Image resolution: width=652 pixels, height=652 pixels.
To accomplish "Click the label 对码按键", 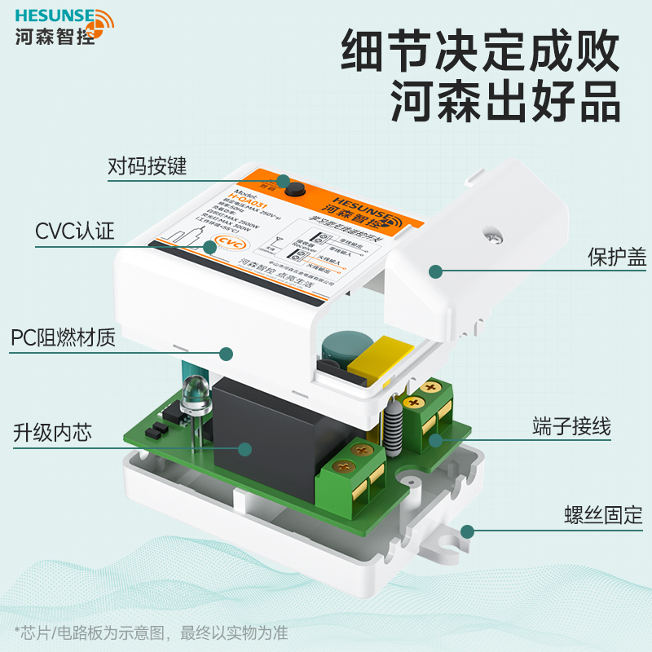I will [x=148, y=167].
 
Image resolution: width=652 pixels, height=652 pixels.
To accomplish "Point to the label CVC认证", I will [x=74, y=231].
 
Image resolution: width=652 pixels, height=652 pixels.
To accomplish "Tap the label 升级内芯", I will [x=51, y=432].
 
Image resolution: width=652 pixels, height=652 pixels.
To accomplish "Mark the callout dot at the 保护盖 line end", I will [x=436, y=271].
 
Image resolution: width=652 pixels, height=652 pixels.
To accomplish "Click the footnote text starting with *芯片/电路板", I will [x=150, y=633].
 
